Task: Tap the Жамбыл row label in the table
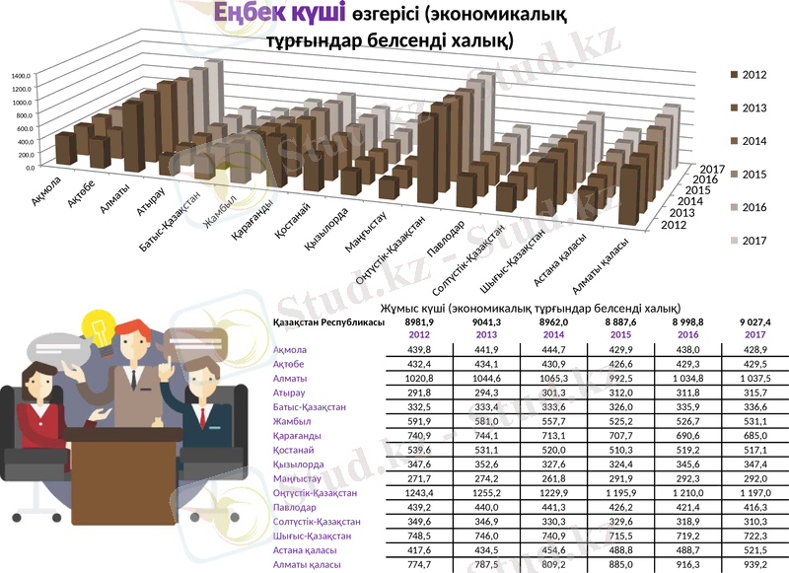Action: click(291, 421)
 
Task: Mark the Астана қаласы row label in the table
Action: click(305, 549)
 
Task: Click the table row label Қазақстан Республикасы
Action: click(328, 322)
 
